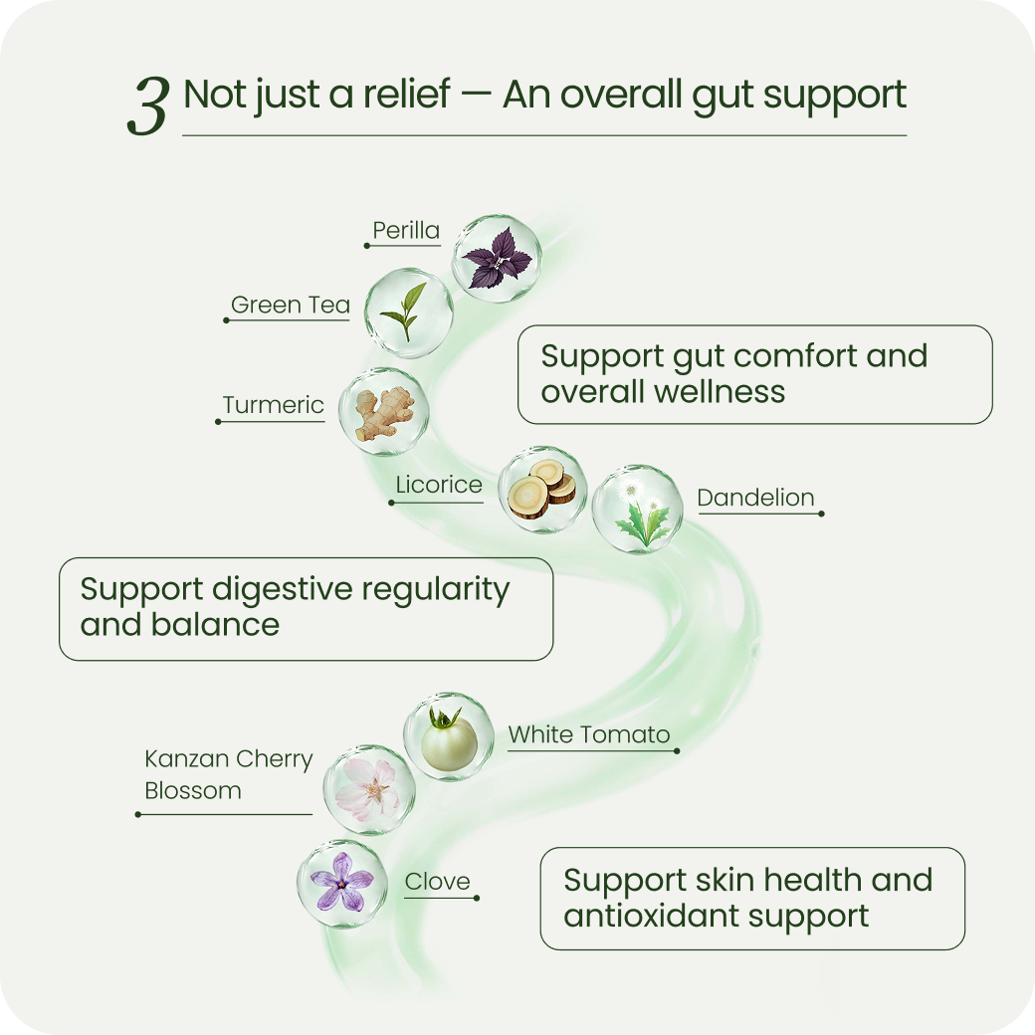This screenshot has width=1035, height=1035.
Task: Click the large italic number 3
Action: pyautogui.click(x=147, y=107)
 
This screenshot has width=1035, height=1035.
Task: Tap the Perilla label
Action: pyautogui.click(x=406, y=231)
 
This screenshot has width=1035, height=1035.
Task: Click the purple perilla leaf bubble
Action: pyautogui.click(x=498, y=255)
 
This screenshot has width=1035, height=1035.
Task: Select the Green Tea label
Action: pyautogui.click(x=290, y=305)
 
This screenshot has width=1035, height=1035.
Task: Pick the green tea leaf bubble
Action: pyautogui.click(x=409, y=312)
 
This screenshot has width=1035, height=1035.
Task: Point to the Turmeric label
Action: pyautogui.click(x=273, y=405)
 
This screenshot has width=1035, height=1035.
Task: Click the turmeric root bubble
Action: pyautogui.click(x=384, y=411)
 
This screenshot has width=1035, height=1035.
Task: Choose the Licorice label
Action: pyautogui.click(x=439, y=486)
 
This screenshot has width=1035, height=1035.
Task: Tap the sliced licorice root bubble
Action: pyautogui.click(x=542, y=489)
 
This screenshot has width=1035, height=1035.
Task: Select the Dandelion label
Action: pyautogui.click(x=755, y=498)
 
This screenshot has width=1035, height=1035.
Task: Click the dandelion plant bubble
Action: pyautogui.click(x=638, y=510)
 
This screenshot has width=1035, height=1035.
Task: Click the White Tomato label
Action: pyautogui.click(x=589, y=735)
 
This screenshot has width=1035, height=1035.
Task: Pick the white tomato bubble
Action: pyautogui.click(x=448, y=737)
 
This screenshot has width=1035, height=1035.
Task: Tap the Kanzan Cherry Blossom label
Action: pyautogui.click(x=228, y=774)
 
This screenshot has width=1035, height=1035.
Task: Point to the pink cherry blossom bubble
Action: pyautogui.click(x=368, y=789)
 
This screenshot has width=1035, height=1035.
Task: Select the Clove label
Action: pyautogui.click(x=437, y=881)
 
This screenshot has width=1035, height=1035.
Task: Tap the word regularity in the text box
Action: pyautogui.click(x=435, y=589)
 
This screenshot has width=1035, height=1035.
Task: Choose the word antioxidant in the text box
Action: pyautogui.click(x=660, y=916)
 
